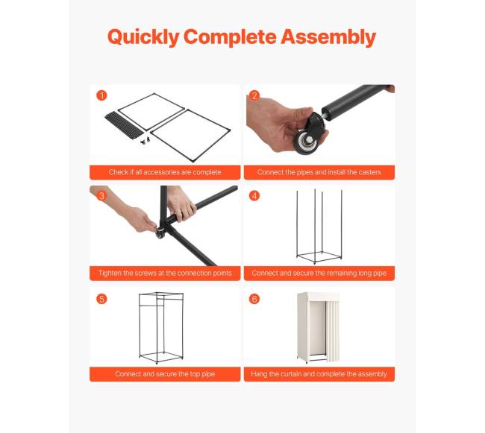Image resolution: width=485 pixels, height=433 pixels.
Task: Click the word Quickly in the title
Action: tap(143, 37)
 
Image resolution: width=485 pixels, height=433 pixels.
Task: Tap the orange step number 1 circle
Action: tap(101, 95)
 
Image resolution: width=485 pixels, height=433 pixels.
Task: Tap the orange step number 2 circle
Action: tap(254, 95)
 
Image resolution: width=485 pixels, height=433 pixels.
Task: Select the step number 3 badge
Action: tap(101, 196)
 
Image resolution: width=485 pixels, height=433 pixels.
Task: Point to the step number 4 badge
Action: tap(254, 196)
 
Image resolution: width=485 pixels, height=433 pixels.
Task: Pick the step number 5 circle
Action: tap(101, 299)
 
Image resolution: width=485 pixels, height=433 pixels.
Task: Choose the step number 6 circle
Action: tap(254, 299)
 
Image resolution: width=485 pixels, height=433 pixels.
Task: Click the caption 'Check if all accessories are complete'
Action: tap(165, 172)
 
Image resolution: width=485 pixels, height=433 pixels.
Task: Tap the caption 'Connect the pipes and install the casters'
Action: tap(319, 172)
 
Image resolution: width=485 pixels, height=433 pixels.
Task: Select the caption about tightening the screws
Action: tap(165, 273)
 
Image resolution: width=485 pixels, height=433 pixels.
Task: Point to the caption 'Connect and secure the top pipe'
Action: tap(165, 374)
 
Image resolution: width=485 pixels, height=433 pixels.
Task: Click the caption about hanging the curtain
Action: tap(319, 374)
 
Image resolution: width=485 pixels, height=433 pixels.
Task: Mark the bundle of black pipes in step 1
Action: tap(124, 125)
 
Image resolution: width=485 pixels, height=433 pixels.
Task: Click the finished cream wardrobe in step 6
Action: tap(318, 327)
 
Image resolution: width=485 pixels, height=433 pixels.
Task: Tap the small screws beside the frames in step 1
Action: tap(145, 141)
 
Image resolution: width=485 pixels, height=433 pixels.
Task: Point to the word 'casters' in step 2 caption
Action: tap(370, 172)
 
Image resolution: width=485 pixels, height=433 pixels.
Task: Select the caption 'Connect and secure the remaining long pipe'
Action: tap(319, 273)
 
